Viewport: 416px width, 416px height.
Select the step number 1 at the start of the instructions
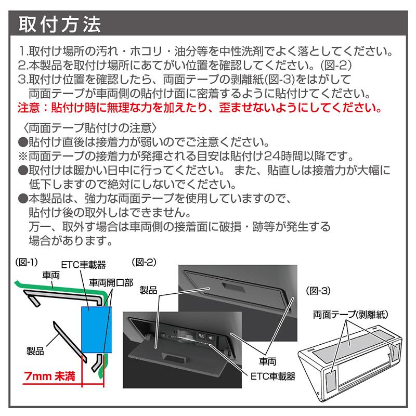(22, 52)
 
